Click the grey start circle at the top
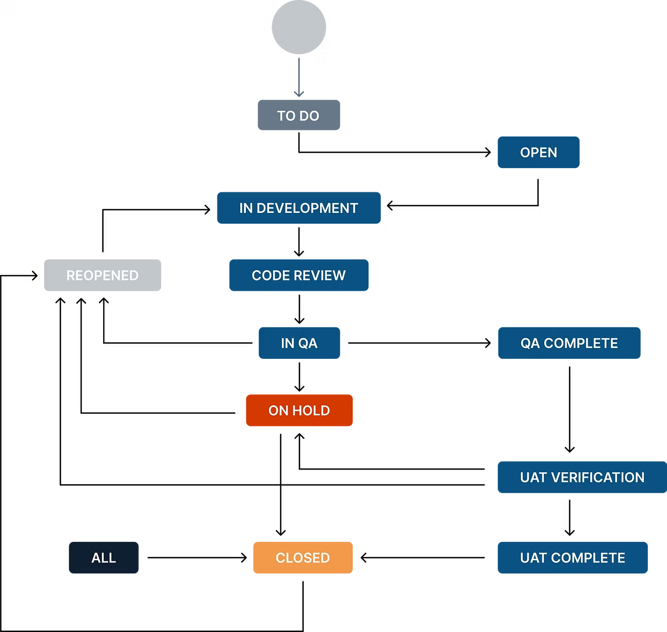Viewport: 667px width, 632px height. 299,27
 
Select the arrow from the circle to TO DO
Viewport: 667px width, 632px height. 298,77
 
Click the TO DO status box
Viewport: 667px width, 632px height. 299,115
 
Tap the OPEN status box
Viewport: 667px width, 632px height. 539,153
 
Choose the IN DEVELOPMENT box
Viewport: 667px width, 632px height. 299,208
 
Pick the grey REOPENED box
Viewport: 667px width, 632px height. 103,275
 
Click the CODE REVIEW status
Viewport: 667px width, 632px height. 299,275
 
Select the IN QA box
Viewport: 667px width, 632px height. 299,343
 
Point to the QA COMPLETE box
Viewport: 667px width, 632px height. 569,343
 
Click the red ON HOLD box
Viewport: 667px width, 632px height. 299,410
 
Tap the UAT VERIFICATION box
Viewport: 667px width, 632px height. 582,477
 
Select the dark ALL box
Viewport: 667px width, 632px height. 104,558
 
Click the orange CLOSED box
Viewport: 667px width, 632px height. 303,558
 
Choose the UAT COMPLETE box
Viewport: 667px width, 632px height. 572,558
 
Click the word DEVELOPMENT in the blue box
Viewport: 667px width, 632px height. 307,208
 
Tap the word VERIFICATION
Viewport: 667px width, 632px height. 597,477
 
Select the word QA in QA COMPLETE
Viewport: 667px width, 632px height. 530,343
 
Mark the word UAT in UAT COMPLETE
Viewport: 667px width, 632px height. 533,558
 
